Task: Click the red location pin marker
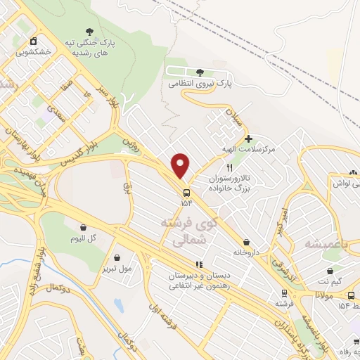point(181,165)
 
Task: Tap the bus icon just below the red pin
point(186,193)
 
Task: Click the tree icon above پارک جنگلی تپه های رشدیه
point(89,30)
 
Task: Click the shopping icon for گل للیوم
point(84,227)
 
